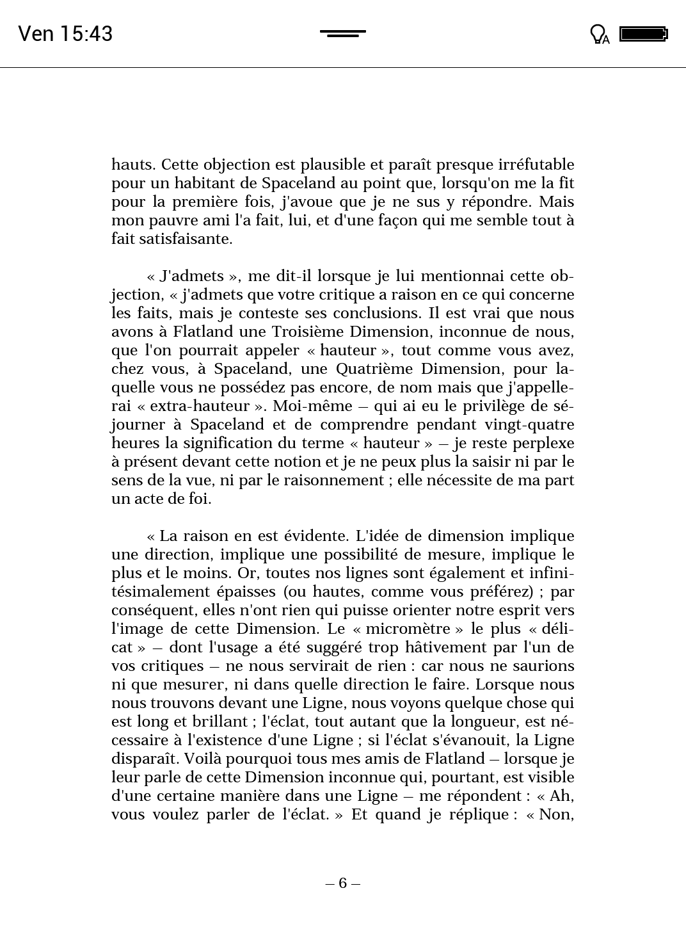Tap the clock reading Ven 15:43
click(65, 33)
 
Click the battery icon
click(643, 34)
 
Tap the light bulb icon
click(598, 34)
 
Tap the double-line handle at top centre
click(343, 33)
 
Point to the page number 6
click(343, 883)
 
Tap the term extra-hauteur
click(199, 406)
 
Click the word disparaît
click(145, 759)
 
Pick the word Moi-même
click(313, 406)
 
